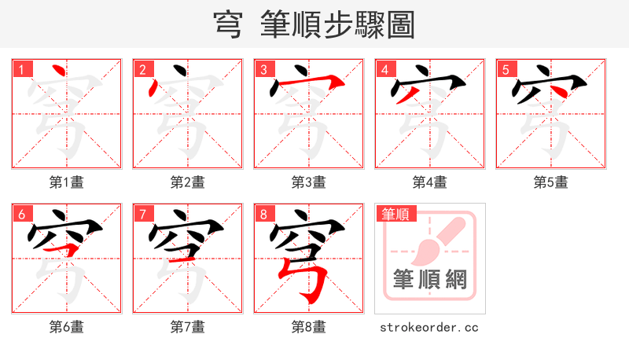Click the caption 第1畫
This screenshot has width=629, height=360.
[67, 182]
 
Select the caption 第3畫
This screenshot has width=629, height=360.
[309, 182]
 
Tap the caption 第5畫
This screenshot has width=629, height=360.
[551, 182]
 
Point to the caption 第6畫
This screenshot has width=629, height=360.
[67, 327]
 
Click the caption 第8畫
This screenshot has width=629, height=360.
[309, 327]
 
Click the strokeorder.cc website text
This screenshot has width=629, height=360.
[429, 327]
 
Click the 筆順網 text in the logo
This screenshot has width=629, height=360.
[430, 280]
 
